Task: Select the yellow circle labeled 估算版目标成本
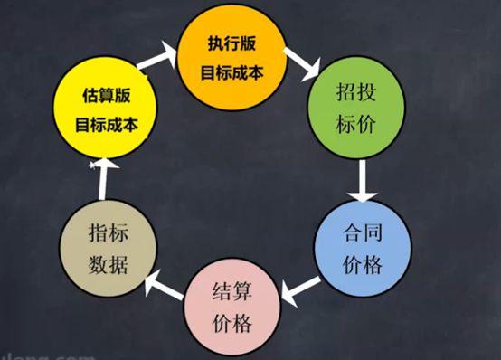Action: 101,109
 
